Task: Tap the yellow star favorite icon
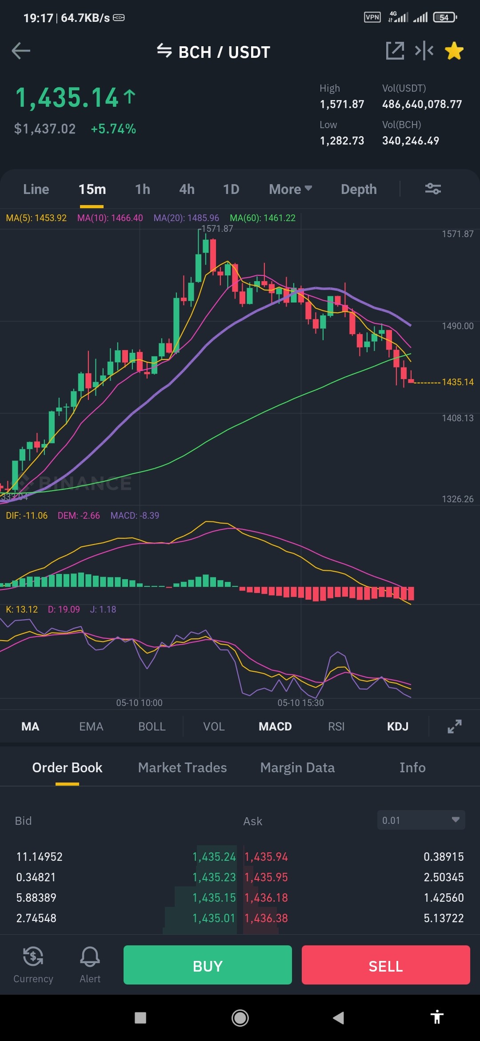(454, 51)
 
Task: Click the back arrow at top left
(21, 51)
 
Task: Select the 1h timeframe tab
(143, 190)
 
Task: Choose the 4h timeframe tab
(187, 190)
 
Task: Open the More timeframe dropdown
(290, 190)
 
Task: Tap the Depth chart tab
(359, 190)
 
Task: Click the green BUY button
(208, 965)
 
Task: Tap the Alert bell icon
(90, 957)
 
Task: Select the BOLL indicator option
(152, 726)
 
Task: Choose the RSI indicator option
(336, 726)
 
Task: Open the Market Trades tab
(182, 767)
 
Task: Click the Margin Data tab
(297, 768)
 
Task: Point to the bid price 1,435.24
(214, 857)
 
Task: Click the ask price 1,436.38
(266, 918)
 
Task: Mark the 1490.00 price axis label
(457, 326)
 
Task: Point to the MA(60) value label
(263, 218)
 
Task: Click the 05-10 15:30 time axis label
(300, 703)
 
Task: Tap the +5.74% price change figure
(113, 129)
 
